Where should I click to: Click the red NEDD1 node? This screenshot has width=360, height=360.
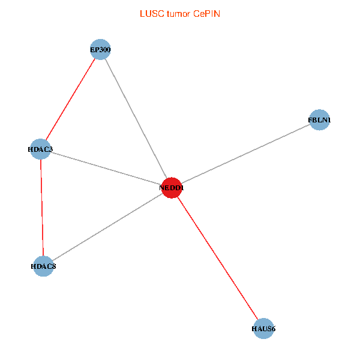[x=172, y=188]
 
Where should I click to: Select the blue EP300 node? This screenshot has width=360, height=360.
[x=100, y=49]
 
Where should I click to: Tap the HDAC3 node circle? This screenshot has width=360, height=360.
[x=40, y=149]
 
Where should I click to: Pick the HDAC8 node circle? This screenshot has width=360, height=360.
[x=43, y=265]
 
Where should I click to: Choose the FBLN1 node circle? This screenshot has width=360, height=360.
[x=319, y=120]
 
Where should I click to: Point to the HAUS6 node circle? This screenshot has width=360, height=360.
[x=263, y=328]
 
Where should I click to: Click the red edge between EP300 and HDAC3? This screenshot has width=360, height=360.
[x=70, y=99]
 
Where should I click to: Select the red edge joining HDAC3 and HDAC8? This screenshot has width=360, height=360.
[x=41, y=207]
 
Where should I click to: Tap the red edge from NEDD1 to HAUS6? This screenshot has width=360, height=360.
[x=217, y=258]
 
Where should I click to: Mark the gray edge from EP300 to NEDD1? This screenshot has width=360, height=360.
[x=136, y=118]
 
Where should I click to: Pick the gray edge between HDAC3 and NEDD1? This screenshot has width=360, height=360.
[x=106, y=168]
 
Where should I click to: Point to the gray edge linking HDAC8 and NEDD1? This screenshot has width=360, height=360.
[x=108, y=226]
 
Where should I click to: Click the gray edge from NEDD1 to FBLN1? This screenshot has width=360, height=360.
[x=245, y=154]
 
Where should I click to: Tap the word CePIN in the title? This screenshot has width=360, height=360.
[x=207, y=13]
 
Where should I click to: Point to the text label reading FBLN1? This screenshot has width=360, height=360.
[x=319, y=120]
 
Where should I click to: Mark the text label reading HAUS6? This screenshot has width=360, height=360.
[x=263, y=329]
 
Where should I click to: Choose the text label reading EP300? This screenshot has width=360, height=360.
[x=100, y=49]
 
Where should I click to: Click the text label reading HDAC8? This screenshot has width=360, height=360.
[x=43, y=265]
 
